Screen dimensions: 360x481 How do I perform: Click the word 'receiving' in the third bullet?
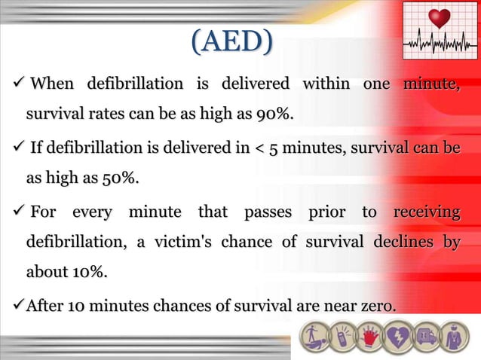click(x=426, y=212)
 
